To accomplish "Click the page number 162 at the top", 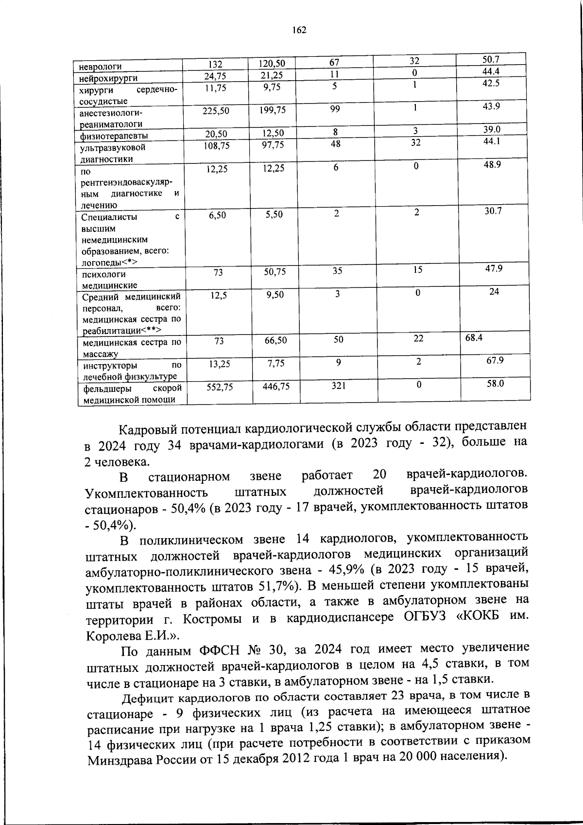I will pos(299,30).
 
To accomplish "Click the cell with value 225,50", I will pos(216,111).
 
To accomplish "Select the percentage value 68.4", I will pos(474,337).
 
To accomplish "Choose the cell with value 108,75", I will pos(216,145).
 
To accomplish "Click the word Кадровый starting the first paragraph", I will pos(148,429).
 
